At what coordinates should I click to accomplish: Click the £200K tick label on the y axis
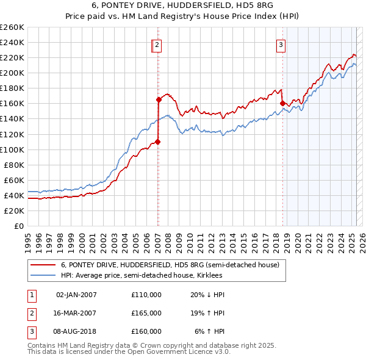(12, 73)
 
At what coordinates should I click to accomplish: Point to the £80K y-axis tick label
(14, 165)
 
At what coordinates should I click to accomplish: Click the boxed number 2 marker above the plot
(157, 44)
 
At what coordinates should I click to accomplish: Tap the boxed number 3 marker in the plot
(281, 44)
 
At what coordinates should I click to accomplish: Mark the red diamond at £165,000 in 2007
(159, 99)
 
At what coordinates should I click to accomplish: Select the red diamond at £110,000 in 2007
(157, 142)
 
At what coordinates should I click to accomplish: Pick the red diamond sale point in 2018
(282, 103)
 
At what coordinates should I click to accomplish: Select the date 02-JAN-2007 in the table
(76, 295)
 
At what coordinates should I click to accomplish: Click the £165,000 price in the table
(146, 313)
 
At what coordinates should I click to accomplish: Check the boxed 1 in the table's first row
(31, 295)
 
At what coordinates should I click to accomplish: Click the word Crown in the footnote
(161, 345)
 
